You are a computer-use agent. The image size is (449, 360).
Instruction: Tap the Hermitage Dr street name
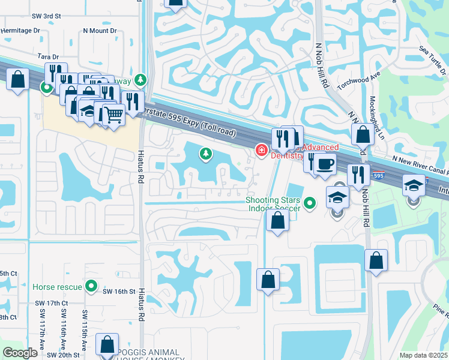[x=20, y=30]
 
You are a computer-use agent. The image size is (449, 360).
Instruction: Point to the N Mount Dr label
[x=100, y=30]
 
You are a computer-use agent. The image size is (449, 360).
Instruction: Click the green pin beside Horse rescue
[x=91, y=286]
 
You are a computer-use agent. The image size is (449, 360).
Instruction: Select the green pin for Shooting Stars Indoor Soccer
[x=310, y=204]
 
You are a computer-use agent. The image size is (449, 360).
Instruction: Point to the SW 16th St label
[x=116, y=291]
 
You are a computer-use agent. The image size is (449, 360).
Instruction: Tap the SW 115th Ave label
[x=85, y=330]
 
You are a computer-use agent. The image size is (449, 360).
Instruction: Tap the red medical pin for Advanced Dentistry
[x=262, y=149]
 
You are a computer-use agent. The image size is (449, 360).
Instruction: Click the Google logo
[x=20, y=353]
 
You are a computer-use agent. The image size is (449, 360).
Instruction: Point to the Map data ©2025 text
[x=423, y=355]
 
